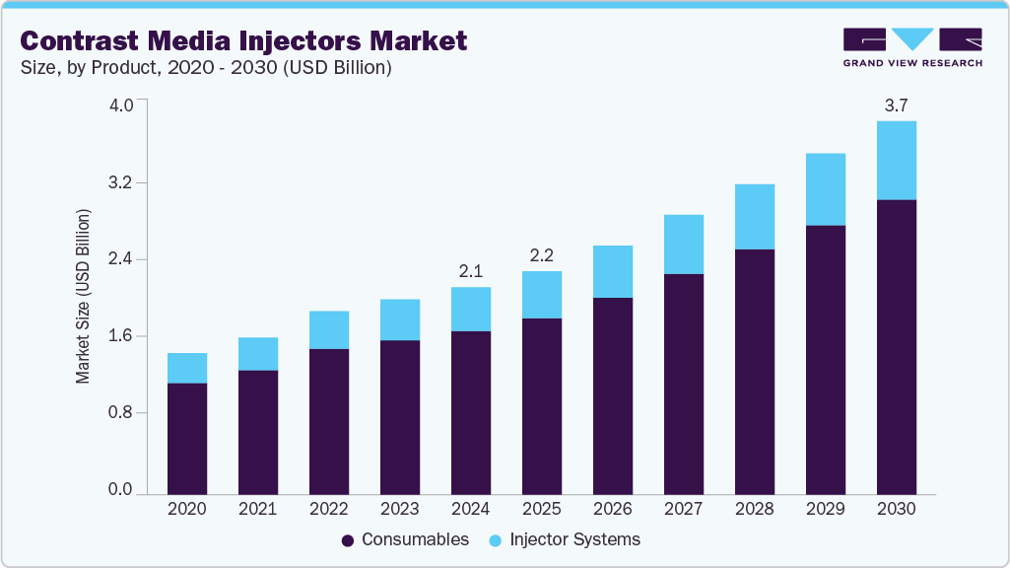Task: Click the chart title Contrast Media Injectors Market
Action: (x=243, y=40)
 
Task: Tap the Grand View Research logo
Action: (x=911, y=47)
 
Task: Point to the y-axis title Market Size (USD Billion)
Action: (x=84, y=297)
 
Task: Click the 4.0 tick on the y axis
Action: (x=119, y=106)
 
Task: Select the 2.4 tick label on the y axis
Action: (x=119, y=259)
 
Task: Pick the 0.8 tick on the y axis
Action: (x=119, y=412)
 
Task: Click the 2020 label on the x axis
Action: (x=186, y=509)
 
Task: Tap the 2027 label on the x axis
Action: (x=683, y=509)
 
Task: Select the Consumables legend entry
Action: (x=405, y=539)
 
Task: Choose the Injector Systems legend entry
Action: (x=566, y=539)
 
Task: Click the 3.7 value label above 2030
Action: (x=896, y=106)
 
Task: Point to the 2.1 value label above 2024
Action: (x=470, y=271)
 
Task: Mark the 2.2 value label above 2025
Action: (x=541, y=255)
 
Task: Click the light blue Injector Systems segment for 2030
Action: (x=896, y=160)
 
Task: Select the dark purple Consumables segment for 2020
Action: (x=186, y=438)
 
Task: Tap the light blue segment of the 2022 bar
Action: (x=328, y=329)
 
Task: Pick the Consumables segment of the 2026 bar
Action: (x=612, y=394)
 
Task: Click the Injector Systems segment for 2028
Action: (x=754, y=216)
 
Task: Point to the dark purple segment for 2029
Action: (x=825, y=359)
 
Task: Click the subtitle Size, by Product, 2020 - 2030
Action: (x=207, y=68)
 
